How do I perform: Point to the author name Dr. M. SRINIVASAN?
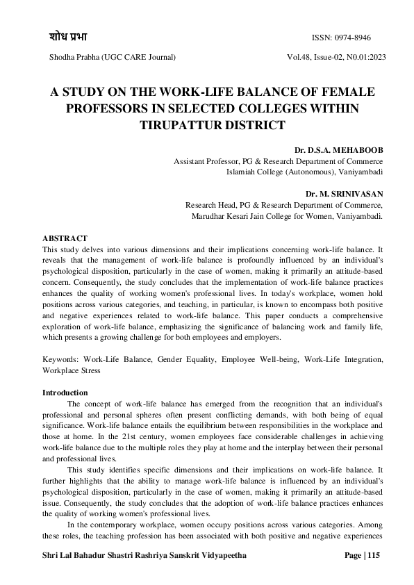[345, 194]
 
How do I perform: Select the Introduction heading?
[65, 393]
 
